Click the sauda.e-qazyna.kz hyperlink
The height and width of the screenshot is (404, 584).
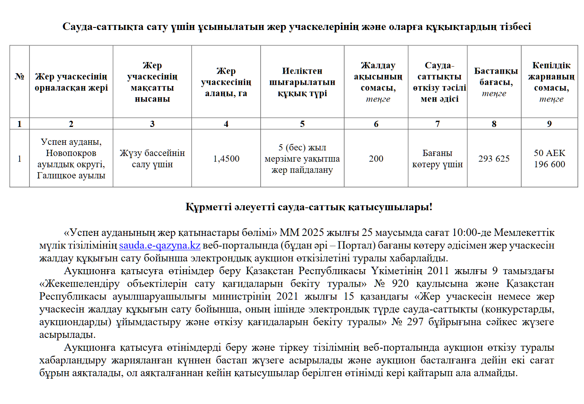point(160,245)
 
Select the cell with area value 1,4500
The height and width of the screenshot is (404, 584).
point(226,159)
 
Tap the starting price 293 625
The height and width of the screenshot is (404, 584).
point(494,159)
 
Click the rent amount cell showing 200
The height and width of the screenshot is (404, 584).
point(376,159)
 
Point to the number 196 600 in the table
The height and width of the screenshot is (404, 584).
point(549,164)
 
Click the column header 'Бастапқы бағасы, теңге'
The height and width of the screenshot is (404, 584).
point(494,82)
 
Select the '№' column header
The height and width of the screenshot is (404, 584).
point(20,77)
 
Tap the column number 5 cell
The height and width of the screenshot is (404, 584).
point(302,124)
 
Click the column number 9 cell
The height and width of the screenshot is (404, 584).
point(549,124)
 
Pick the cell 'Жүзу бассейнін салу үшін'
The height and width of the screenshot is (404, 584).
point(152,159)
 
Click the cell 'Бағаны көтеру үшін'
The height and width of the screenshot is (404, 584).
point(437,159)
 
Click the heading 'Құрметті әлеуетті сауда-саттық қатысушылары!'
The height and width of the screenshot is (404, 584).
point(309,207)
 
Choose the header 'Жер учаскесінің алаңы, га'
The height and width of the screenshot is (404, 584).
point(226,82)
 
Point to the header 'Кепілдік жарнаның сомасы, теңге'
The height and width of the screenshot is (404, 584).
point(549,82)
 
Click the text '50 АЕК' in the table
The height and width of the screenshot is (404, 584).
point(549,153)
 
